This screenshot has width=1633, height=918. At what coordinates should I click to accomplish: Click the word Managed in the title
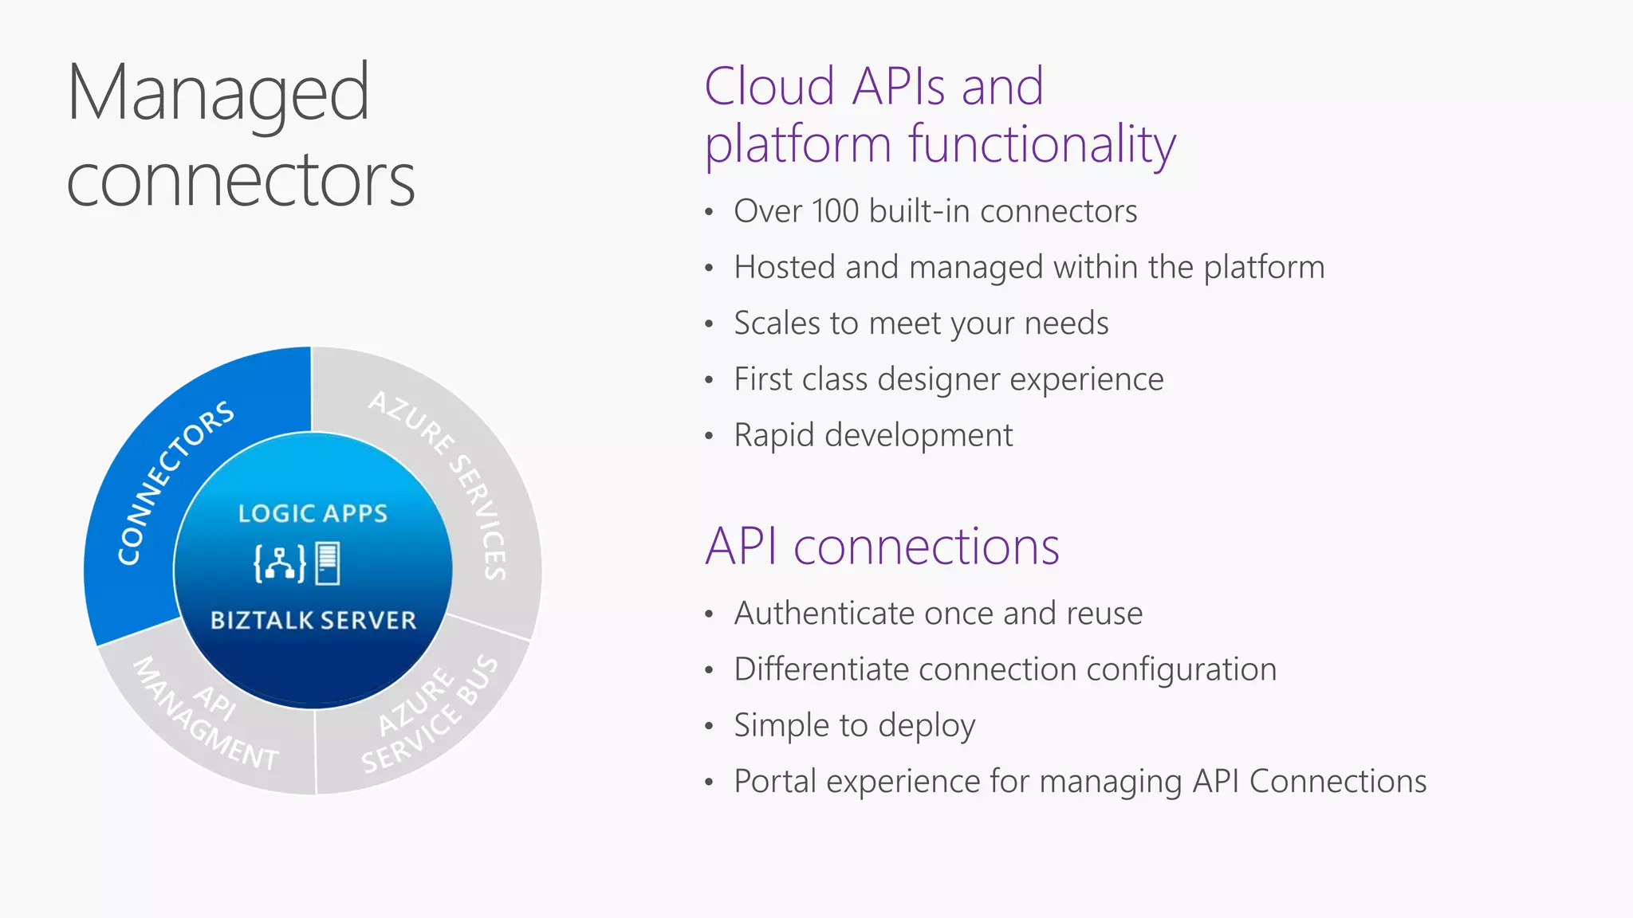218,94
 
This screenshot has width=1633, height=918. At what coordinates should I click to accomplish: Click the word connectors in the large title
240,181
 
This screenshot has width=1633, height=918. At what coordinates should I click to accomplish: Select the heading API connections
882,547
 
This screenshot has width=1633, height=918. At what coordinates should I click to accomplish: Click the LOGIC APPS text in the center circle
313,514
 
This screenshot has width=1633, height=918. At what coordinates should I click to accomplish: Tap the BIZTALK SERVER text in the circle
313,621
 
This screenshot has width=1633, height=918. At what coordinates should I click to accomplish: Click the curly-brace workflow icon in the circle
279,563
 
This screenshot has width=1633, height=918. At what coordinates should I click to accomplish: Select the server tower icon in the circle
328,563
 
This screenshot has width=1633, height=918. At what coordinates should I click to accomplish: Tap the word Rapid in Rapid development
773,436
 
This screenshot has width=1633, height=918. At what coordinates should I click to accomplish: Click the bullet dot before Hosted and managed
709,269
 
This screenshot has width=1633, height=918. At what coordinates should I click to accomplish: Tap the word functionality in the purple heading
1041,145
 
